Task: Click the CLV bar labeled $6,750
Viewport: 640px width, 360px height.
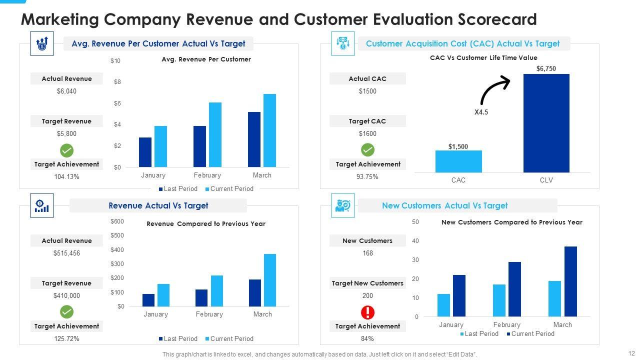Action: (x=546, y=123)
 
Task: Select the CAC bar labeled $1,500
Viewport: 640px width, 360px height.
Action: (x=458, y=161)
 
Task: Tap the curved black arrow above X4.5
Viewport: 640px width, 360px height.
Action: (x=494, y=90)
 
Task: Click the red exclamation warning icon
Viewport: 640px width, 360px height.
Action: (x=367, y=312)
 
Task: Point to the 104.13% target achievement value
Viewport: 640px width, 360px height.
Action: (x=66, y=176)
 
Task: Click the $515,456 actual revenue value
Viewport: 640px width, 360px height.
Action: (x=66, y=253)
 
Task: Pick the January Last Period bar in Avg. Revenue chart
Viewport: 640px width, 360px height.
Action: (x=145, y=152)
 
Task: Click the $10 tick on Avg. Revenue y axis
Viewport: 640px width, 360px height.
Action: (x=115, y=61)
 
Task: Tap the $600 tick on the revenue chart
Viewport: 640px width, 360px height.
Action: (x=117, y=221)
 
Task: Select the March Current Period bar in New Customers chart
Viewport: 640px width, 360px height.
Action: (x=570, y=281)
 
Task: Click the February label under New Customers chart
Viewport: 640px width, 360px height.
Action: (x=506, y=324)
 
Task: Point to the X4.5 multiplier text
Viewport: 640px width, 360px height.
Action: (x=481, y=112)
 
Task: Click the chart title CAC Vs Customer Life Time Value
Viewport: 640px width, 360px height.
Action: (x=483, y=58)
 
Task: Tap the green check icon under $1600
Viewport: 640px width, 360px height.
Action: (x=367, y=150)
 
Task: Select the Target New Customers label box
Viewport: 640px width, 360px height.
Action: (x=367, y=283)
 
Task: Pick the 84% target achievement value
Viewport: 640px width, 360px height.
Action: (x=367, y=338)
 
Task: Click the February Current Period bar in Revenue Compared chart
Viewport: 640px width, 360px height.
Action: (x=217, y=290)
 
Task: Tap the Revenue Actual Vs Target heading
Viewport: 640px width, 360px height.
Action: (x=158, y=205)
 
